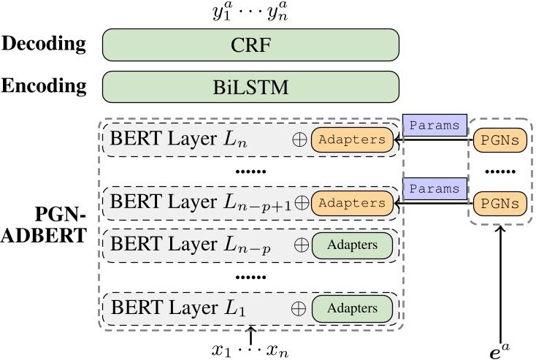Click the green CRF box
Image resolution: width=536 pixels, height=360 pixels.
(x=250, y=44)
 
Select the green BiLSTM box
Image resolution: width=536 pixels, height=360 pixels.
(x=250, y=88)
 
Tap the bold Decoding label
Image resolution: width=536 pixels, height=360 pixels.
(x=44, y=44)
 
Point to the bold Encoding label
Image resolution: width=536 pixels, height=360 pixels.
(x=44, y=87)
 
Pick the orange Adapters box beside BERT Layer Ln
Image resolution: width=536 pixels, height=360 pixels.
(x=353, y=139)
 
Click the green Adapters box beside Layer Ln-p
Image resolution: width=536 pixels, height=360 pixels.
(x=353, y=245)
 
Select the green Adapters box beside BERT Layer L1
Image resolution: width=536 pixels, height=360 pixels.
(x=353, y=307)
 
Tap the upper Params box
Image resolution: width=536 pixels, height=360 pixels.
(x=435, y=125)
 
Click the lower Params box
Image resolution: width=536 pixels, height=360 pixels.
(x=435, y=188)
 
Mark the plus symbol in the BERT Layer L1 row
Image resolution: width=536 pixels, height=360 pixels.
(x=300, y=307)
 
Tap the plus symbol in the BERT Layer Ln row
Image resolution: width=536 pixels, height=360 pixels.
(x=300, y=139)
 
